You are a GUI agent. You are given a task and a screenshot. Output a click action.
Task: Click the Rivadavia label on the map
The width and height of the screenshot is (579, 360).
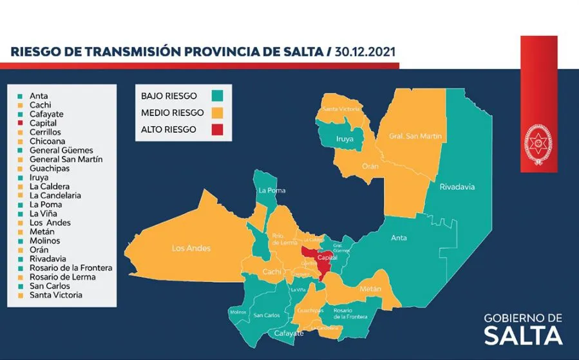click(x=457, y=187)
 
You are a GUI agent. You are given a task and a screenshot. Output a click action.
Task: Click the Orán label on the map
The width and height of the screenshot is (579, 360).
click(x=370, y=166)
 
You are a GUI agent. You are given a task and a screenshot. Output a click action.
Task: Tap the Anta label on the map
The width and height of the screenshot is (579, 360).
click(x=399, y=238)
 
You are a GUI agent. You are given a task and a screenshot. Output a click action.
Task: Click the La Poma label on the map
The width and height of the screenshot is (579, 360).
click(x=271, y=191)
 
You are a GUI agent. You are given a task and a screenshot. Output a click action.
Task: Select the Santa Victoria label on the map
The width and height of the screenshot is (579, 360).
click(x=341, y=109)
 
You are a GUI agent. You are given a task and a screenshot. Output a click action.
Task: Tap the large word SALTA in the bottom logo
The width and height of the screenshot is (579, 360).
click(x=523, y=336)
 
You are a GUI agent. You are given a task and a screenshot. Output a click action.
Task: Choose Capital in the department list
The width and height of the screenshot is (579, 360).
click(x=43, y=123)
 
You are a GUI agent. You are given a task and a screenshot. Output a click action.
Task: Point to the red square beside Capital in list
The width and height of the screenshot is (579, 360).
click(x=21, y=123)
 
